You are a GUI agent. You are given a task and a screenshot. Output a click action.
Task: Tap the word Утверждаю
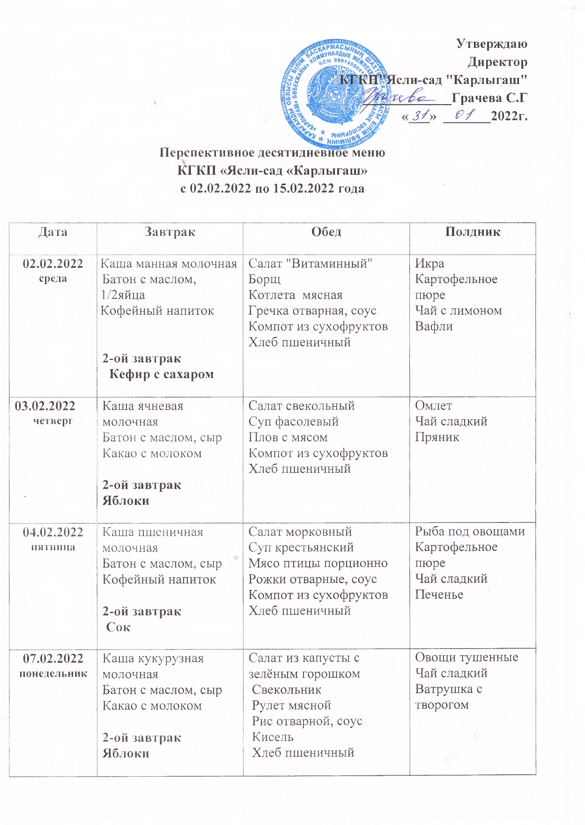pos(491,44)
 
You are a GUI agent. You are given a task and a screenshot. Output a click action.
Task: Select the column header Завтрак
pos(170,232)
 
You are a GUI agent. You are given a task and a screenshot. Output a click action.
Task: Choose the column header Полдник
pos(473,232)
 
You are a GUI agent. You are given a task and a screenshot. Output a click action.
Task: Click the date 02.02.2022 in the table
pos(53,264)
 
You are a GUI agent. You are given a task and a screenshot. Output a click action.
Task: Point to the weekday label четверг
pos(53,421)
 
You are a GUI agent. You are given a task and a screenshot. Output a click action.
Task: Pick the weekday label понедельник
pos(53,674)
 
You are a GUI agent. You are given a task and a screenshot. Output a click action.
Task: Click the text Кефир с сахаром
pos(161,374)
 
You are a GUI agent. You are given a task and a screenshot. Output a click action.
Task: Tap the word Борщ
pos(264,280)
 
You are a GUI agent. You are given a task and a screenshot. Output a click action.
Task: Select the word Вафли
pos(434,326)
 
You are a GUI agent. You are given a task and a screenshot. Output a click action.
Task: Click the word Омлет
pos(433,406)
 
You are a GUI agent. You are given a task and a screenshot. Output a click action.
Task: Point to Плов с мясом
pos(288,437)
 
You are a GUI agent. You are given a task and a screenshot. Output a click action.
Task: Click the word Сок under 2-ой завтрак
pos(118,627)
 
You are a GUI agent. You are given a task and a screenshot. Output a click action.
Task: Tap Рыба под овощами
pos(470,531)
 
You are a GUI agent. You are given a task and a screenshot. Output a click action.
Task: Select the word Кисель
pos(273,737)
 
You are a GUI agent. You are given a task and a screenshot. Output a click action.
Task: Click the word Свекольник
pos(286,689)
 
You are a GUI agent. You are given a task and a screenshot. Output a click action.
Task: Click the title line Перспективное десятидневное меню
pos(272,152)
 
